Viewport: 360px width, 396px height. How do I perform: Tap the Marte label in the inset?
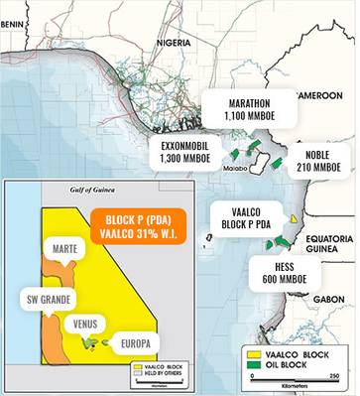click(x=63, y=248)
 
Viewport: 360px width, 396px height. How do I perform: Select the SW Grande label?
click(x=45, y=299)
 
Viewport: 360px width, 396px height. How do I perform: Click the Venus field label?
click(x=86, y=324)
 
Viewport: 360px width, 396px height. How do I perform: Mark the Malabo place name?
click(x=235, y=170)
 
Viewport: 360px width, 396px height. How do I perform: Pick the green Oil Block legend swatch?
click(x=255, y=362)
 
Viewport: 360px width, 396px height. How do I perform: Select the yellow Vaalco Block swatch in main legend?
click(x=255, y=351)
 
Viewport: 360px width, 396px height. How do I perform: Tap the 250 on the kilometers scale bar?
click(x=334, y=376)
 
